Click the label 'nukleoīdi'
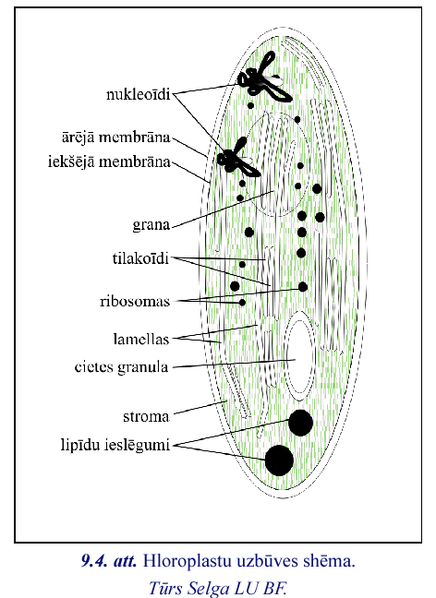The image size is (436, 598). pos(138,94)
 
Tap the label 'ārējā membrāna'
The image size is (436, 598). pos(115,137)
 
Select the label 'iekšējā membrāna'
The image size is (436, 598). pos(109,161)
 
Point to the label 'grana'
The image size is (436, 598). pos(151,224)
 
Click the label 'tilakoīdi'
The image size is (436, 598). pos(140,258)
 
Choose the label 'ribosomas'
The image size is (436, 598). pos(134,301)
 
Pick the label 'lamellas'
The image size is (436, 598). pos(141,339)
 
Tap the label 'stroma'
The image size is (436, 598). pos(146,416)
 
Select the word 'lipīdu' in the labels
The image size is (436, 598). pos(80,445)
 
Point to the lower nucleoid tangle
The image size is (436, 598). pos(237,158)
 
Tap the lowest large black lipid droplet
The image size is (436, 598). pos(279,460)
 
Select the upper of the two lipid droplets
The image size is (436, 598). pos(300,423)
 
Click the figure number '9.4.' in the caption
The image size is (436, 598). pos(93,561)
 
